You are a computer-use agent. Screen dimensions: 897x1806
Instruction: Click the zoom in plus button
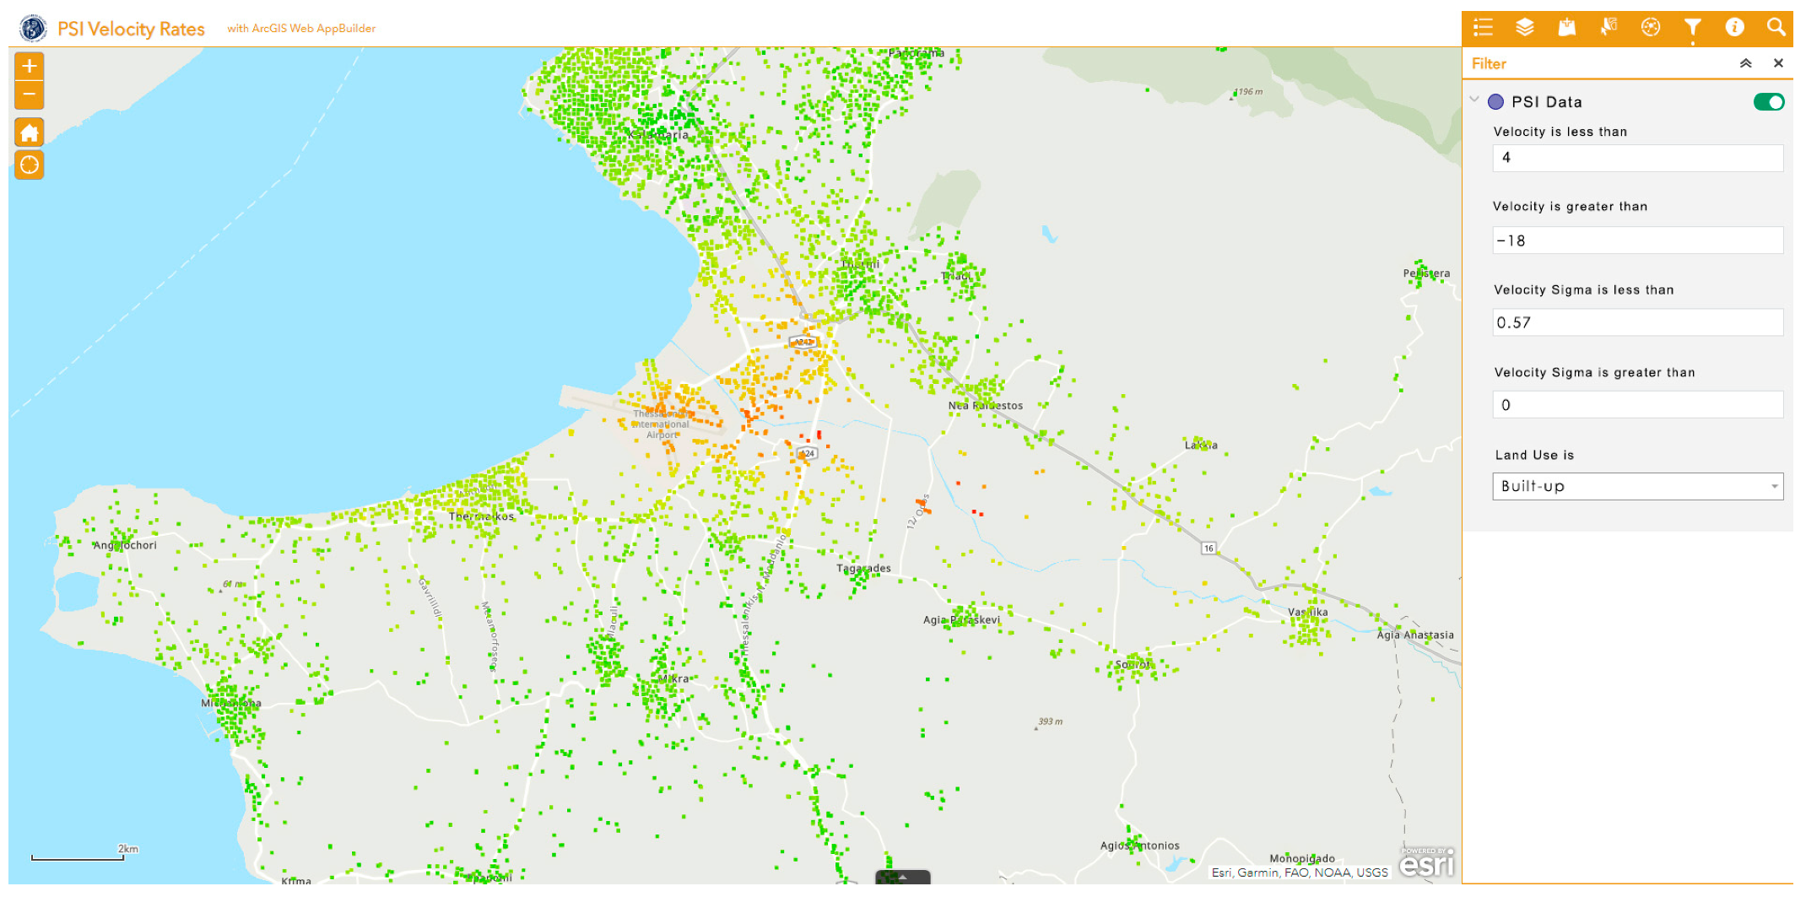coord(30,66)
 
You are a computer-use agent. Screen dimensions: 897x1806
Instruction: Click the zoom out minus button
coord(30,95)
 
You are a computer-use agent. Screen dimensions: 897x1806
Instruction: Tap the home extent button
coord(30,132)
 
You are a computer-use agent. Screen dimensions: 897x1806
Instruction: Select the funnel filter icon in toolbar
coord(1692,28)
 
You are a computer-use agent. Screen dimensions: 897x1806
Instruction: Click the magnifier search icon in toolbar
coord(1776,28)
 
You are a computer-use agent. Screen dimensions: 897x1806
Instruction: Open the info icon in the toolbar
coord(1734,28)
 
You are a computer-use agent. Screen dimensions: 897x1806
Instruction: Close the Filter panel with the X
coord(1778,63)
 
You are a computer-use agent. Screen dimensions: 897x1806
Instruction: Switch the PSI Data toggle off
coord(1768,102)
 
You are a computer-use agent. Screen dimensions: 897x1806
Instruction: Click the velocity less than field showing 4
coord(1637,158)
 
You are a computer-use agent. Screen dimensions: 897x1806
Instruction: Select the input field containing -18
coord(1637,240)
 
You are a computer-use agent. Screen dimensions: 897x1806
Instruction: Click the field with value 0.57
coord(1637,322)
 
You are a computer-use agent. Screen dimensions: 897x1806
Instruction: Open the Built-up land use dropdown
coord(1637,486)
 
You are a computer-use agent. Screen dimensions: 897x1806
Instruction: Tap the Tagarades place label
coord(863,569)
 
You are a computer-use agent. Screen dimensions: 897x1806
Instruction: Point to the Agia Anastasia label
coord(1415,635)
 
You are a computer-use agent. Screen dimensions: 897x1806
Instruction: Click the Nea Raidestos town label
coord(985,406)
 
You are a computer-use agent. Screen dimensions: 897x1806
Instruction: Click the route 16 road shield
coord(1209,548)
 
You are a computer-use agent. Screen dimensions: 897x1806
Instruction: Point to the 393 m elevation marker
coord(1050,722)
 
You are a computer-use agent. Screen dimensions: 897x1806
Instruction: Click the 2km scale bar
coord(78,856)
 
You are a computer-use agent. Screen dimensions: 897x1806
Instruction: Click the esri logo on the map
coord(1426,863)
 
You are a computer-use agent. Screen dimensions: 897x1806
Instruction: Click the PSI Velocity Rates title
coord(131,29)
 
